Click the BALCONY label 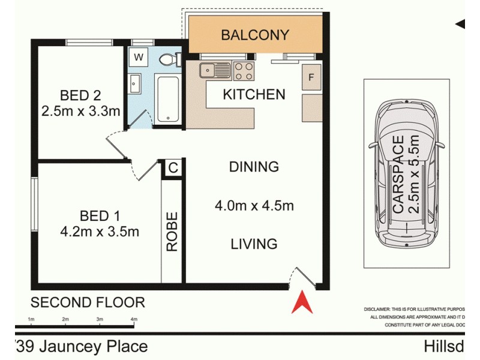click(x=255, y=35)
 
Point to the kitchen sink click(x=215, y=70)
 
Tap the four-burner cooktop click(x=244, y=71)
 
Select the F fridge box click(x=311, y=77)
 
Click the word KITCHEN click(x=254, y=94)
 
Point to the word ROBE click(x=172, y=232)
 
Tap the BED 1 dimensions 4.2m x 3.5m click(x=100, y=231)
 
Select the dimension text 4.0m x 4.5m click(x=254, y=206)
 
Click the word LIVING click(x=254, y=244)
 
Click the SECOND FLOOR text click(x=88, y=302)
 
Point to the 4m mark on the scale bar click(x=133, y=320)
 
